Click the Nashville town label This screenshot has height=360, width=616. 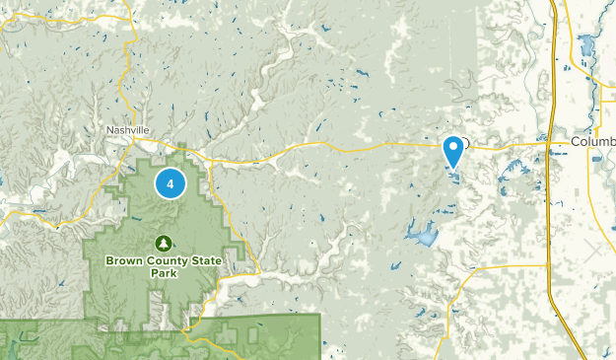click(128, 129)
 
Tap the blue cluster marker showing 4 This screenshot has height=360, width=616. click(171, 182)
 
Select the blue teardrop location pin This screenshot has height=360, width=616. click(453, 152)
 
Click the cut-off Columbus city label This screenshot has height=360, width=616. click(592, 143)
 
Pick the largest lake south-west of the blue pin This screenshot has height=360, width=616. click(425, 236)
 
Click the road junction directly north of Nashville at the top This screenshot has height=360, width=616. click(127, 22)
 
